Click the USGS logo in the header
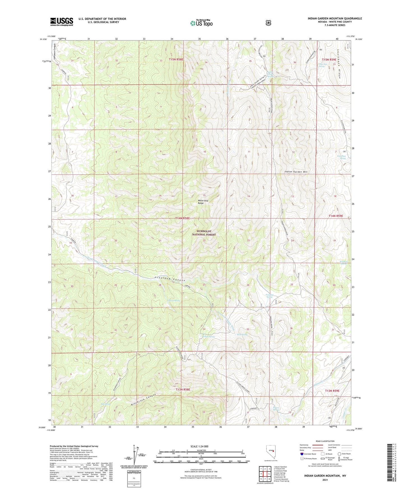point(62,22)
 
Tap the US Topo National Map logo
point(201,23)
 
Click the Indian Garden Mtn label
point(296,172)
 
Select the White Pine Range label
point(203,202)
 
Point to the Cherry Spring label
point(173,300)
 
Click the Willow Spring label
point(208,336)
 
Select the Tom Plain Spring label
point(341,157)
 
